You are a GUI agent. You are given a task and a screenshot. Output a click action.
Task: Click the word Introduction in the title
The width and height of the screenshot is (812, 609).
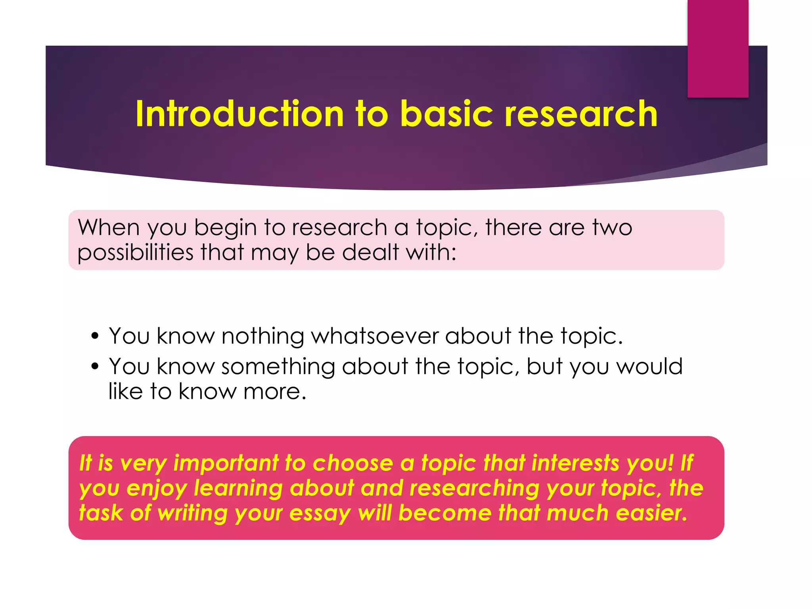point(239,114)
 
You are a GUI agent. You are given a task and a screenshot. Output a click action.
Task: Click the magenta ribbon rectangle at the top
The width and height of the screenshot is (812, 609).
point(718,48)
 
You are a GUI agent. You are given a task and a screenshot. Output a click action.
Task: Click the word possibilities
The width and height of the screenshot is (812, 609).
point(135,253)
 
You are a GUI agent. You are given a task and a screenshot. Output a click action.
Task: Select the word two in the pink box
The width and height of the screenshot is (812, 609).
point(612,228)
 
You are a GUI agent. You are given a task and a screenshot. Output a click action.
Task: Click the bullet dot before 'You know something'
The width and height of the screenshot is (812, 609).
point(94,366)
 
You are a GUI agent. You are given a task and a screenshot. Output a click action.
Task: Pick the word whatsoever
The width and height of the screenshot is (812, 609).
point(375,336)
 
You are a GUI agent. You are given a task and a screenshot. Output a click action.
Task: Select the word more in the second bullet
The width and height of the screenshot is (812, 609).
point(274,392)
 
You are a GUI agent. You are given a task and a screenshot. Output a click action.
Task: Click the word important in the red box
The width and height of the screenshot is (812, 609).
point(226,463)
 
